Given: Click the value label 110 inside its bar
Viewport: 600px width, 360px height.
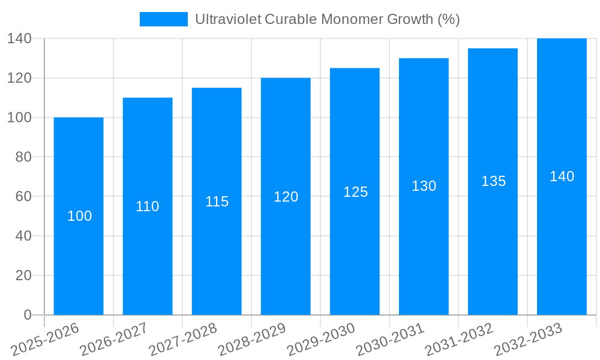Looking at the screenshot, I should pyautogui.click(x=148, y=206).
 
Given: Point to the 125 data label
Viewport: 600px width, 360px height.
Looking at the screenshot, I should pyautogui.click(x=355, y=192).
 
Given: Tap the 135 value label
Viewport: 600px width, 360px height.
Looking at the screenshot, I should pyautogui.click(x=493, y=181).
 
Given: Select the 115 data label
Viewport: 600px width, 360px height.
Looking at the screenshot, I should pyautogui.click(x=217, y=202).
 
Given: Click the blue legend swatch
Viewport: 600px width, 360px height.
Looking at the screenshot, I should pyautogui.click(x=163, y=19).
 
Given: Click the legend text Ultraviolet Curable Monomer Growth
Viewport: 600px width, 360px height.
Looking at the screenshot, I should pyautogui.click(x=327, y=19).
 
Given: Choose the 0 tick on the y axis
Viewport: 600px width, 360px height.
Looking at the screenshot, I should pyautogui.click(x=27, y=315).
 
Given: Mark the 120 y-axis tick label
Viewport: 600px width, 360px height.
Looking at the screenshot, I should pyautogui.click(x=19, y=78).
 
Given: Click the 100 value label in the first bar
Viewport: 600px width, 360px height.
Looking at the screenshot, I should pyautogui.click(x=79, y=216).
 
